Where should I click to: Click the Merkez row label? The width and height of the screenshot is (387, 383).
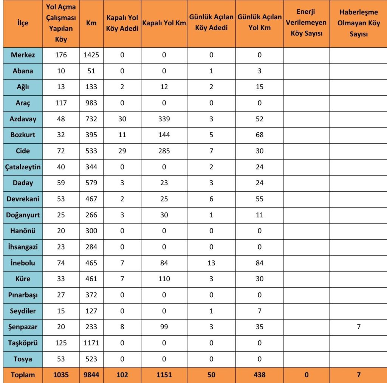pyautogui.click(x=23, y=55)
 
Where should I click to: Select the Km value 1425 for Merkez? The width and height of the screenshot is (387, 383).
pyautogui.click(x=91, y=55)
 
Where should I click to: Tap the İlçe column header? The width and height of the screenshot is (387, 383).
pyautogui.click(x=23, y=23)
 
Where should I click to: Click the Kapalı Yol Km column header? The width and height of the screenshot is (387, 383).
pyautogui.click(x=164, y=23)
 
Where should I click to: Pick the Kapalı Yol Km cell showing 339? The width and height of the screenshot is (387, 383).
pyautogui.click(x=164, y=119)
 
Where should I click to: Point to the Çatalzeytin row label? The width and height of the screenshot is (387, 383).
pyautogui.click(x=23, y=167)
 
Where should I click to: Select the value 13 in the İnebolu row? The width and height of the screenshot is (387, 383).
pyautogui.click(x=211, y=263)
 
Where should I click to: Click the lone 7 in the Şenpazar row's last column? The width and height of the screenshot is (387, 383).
pyautogui.click(x=358, y=327)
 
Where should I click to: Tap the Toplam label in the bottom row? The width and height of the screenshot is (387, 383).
pyautogui.click(x=23, y=375)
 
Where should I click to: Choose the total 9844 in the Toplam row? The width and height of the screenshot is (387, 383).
pyautogui.click(x=91, y=375)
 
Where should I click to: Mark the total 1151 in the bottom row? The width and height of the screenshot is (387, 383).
pyautogui.click(x=164, y=375)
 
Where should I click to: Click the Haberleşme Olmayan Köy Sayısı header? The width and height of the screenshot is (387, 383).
pyautogui.click(x=358, y=23)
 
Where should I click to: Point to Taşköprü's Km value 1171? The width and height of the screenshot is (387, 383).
pyautogui.click(x=91, y=343)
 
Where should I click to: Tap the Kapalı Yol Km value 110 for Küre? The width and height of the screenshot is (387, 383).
pyautogui.click(x=164, y=279)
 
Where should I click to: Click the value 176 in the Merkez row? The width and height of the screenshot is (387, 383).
pyautogui.click(x=61, y=55)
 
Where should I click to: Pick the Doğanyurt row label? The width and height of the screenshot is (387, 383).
pyautogui.click(x=23, y=215)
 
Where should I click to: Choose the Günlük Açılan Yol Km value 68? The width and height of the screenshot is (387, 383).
pyautogui.click(x=259, y=135)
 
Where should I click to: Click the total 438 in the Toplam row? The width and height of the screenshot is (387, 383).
pyautogui.click(x=259, y=375)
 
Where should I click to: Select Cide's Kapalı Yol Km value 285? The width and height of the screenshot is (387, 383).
pyautogui.click(x=164, y=151)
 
